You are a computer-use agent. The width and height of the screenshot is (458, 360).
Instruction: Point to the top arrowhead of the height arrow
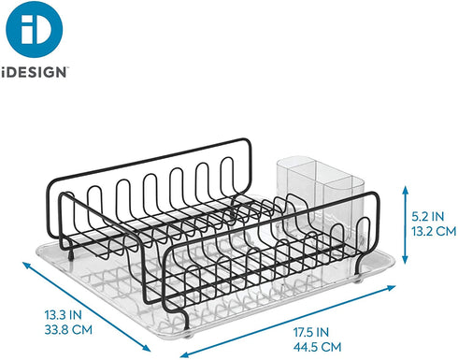[397, 186]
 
